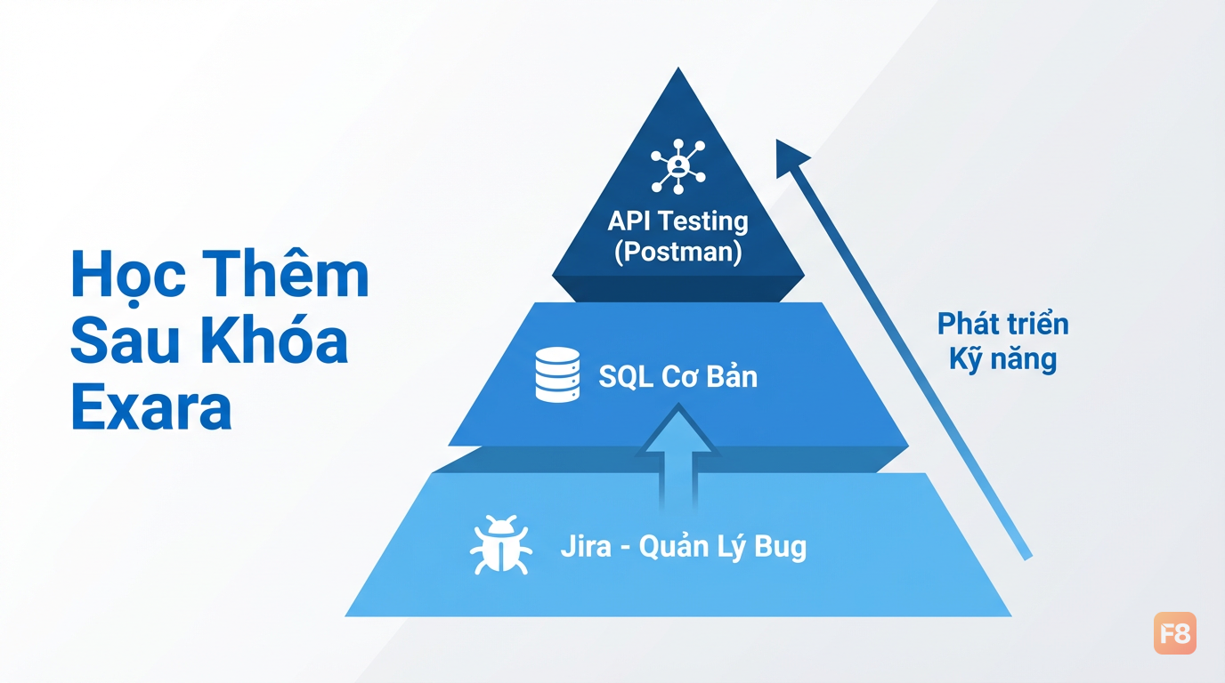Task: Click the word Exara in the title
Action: pos(151,406)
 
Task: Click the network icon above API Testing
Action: pos(678,166)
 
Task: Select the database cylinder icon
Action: pos(557,374)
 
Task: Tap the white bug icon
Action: pos(500,544)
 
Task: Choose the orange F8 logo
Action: pos(1174,632)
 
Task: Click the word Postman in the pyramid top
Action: pos(678,252)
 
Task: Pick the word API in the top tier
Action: pos(630,221)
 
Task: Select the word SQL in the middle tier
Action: pos(626,377)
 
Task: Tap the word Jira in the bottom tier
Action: pos(586,546)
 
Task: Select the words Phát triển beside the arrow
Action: pos(1002,324)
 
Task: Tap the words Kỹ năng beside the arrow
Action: pos(1002,360)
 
